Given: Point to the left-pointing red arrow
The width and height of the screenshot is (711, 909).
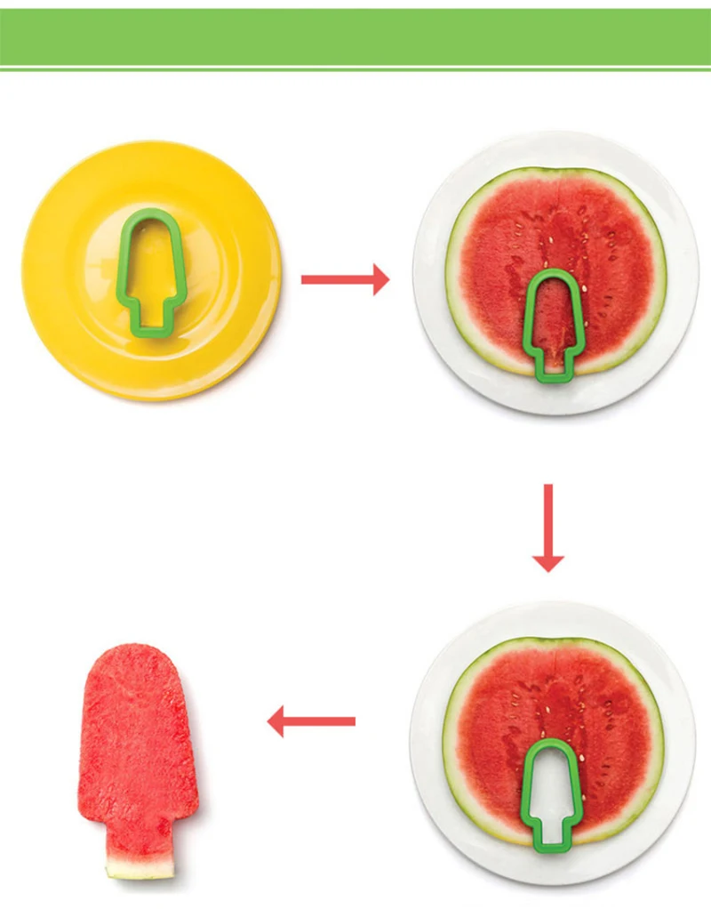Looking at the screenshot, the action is (x=311, y=720).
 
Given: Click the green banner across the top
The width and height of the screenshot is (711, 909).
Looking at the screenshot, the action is (x=355, y=37).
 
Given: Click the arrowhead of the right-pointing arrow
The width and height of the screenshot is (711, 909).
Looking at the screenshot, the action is (x=380, y=279).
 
